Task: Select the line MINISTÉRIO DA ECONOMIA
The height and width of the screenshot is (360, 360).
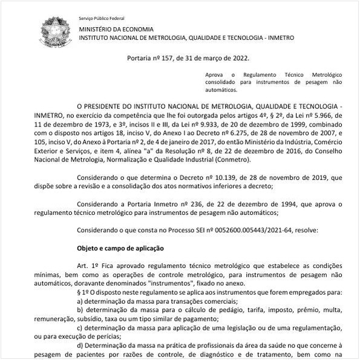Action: click(x=116, y=29)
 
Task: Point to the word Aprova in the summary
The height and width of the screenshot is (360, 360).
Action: click(x=215, y=73)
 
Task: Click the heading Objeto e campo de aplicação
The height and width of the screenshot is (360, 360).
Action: click(x=120, y=249)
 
